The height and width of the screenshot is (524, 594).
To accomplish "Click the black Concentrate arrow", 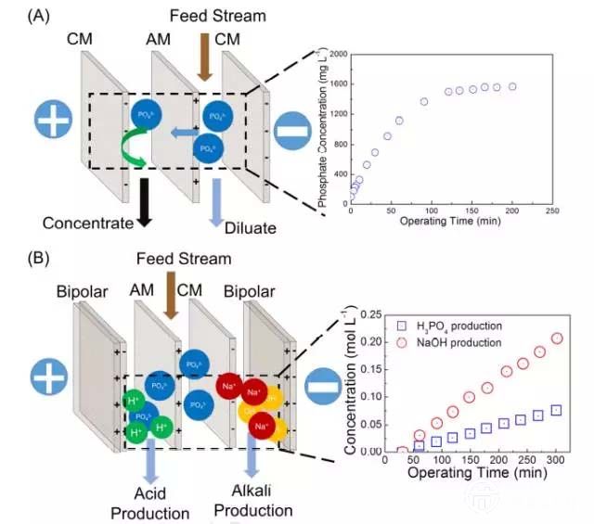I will coord(144,196).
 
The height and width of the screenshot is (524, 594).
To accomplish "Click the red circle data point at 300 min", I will coord(557,339).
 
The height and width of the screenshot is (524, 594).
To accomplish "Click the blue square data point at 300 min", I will coord(557,410).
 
